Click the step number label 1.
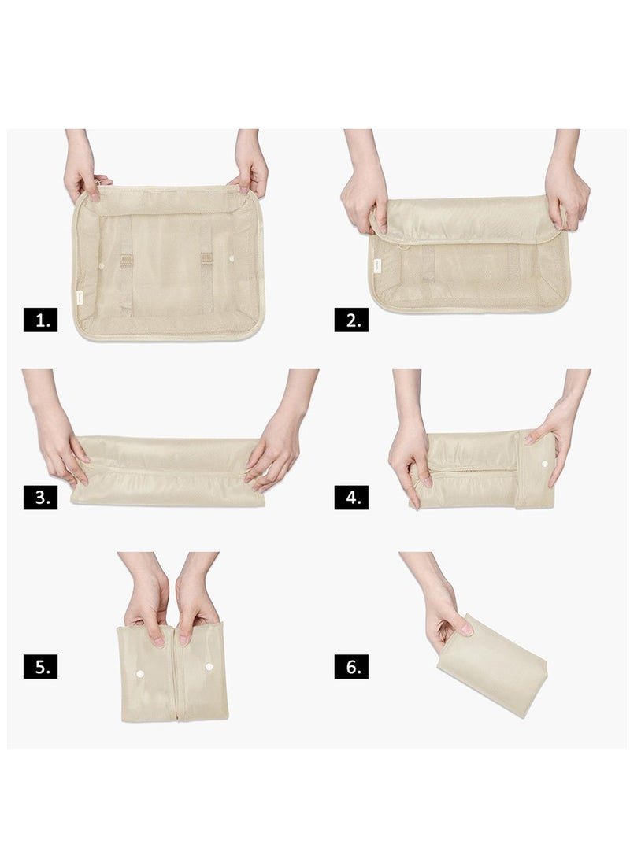[x=40, y=320]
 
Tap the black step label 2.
[x=351, y=320]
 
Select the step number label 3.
[x=40, y=498]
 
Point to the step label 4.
[x=351, y=498]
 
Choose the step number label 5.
[x=40, y=667]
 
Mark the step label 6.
[x=351, y=667]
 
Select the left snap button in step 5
[x=140, y=674]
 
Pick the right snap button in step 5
[x=209, y=667]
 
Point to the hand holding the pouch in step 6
[x=445, y=610]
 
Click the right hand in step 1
[x=250, y=172]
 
